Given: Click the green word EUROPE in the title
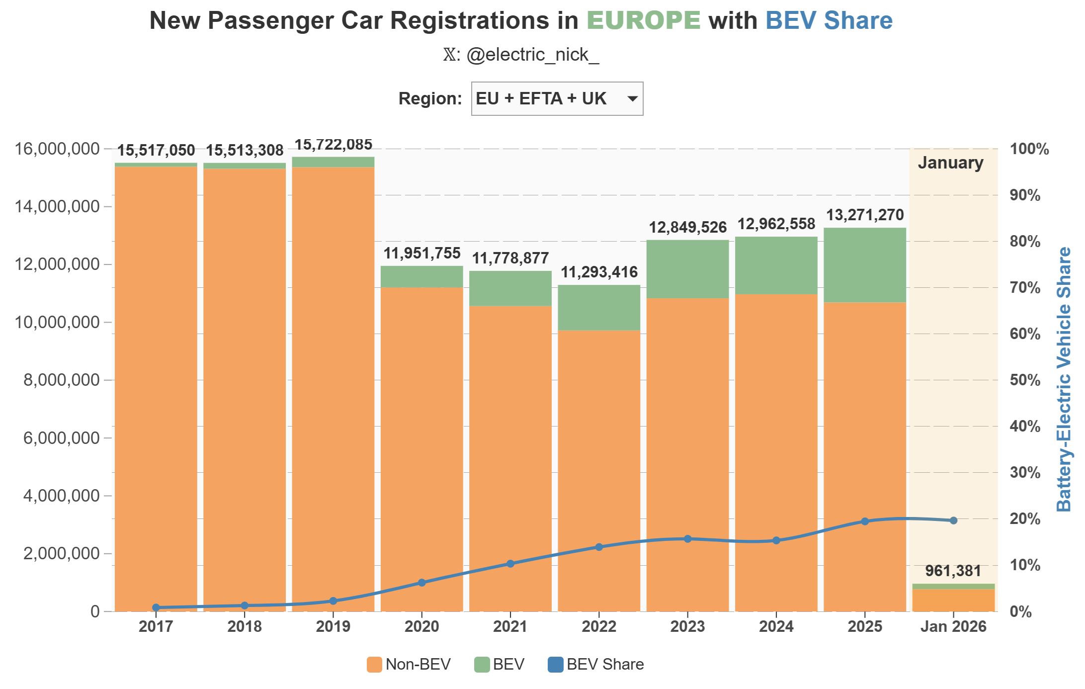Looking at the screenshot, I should (644, 21).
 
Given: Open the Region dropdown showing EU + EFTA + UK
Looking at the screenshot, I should (557, 99).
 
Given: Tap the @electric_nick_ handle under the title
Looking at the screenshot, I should (532, 55).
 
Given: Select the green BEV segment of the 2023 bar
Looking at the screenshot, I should (687, 269).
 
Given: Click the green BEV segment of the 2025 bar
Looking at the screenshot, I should (865, 265).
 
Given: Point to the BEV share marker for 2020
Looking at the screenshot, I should (422, 583).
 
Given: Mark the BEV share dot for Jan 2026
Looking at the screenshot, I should (953, 520).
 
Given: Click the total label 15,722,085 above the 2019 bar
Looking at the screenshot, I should (334, 145).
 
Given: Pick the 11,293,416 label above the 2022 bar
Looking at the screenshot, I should (599, 272).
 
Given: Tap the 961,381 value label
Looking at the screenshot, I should (953, 571).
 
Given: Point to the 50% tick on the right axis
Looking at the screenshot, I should (1025, 380).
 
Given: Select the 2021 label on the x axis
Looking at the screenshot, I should (510, 626).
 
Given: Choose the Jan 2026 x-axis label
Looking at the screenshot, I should (953, 626).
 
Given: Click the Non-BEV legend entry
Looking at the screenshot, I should (409, 665).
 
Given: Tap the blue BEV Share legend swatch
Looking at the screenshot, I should (555, 665).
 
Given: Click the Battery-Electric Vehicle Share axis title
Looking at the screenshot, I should (1064, 379).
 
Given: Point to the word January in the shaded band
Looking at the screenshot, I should (950, 163).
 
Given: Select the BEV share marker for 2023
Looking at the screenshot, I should (688, 539).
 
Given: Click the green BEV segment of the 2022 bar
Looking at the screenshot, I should (599, 308).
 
